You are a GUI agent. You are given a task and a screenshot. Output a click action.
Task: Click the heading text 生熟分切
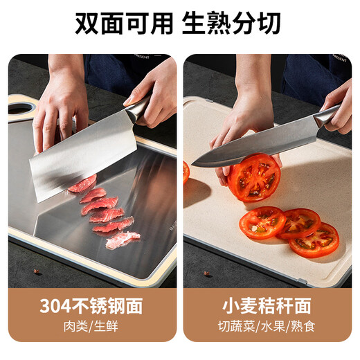coord(231,24)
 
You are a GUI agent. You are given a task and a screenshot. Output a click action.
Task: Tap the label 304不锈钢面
coord(92,306)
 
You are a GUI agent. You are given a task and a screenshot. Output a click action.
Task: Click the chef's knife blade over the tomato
coord(249,147)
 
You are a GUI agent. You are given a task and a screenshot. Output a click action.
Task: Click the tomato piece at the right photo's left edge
coord(186,172)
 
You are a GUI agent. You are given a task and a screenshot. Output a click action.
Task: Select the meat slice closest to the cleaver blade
coord(82,184)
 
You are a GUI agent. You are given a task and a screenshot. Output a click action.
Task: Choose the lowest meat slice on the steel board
coord(123,240)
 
